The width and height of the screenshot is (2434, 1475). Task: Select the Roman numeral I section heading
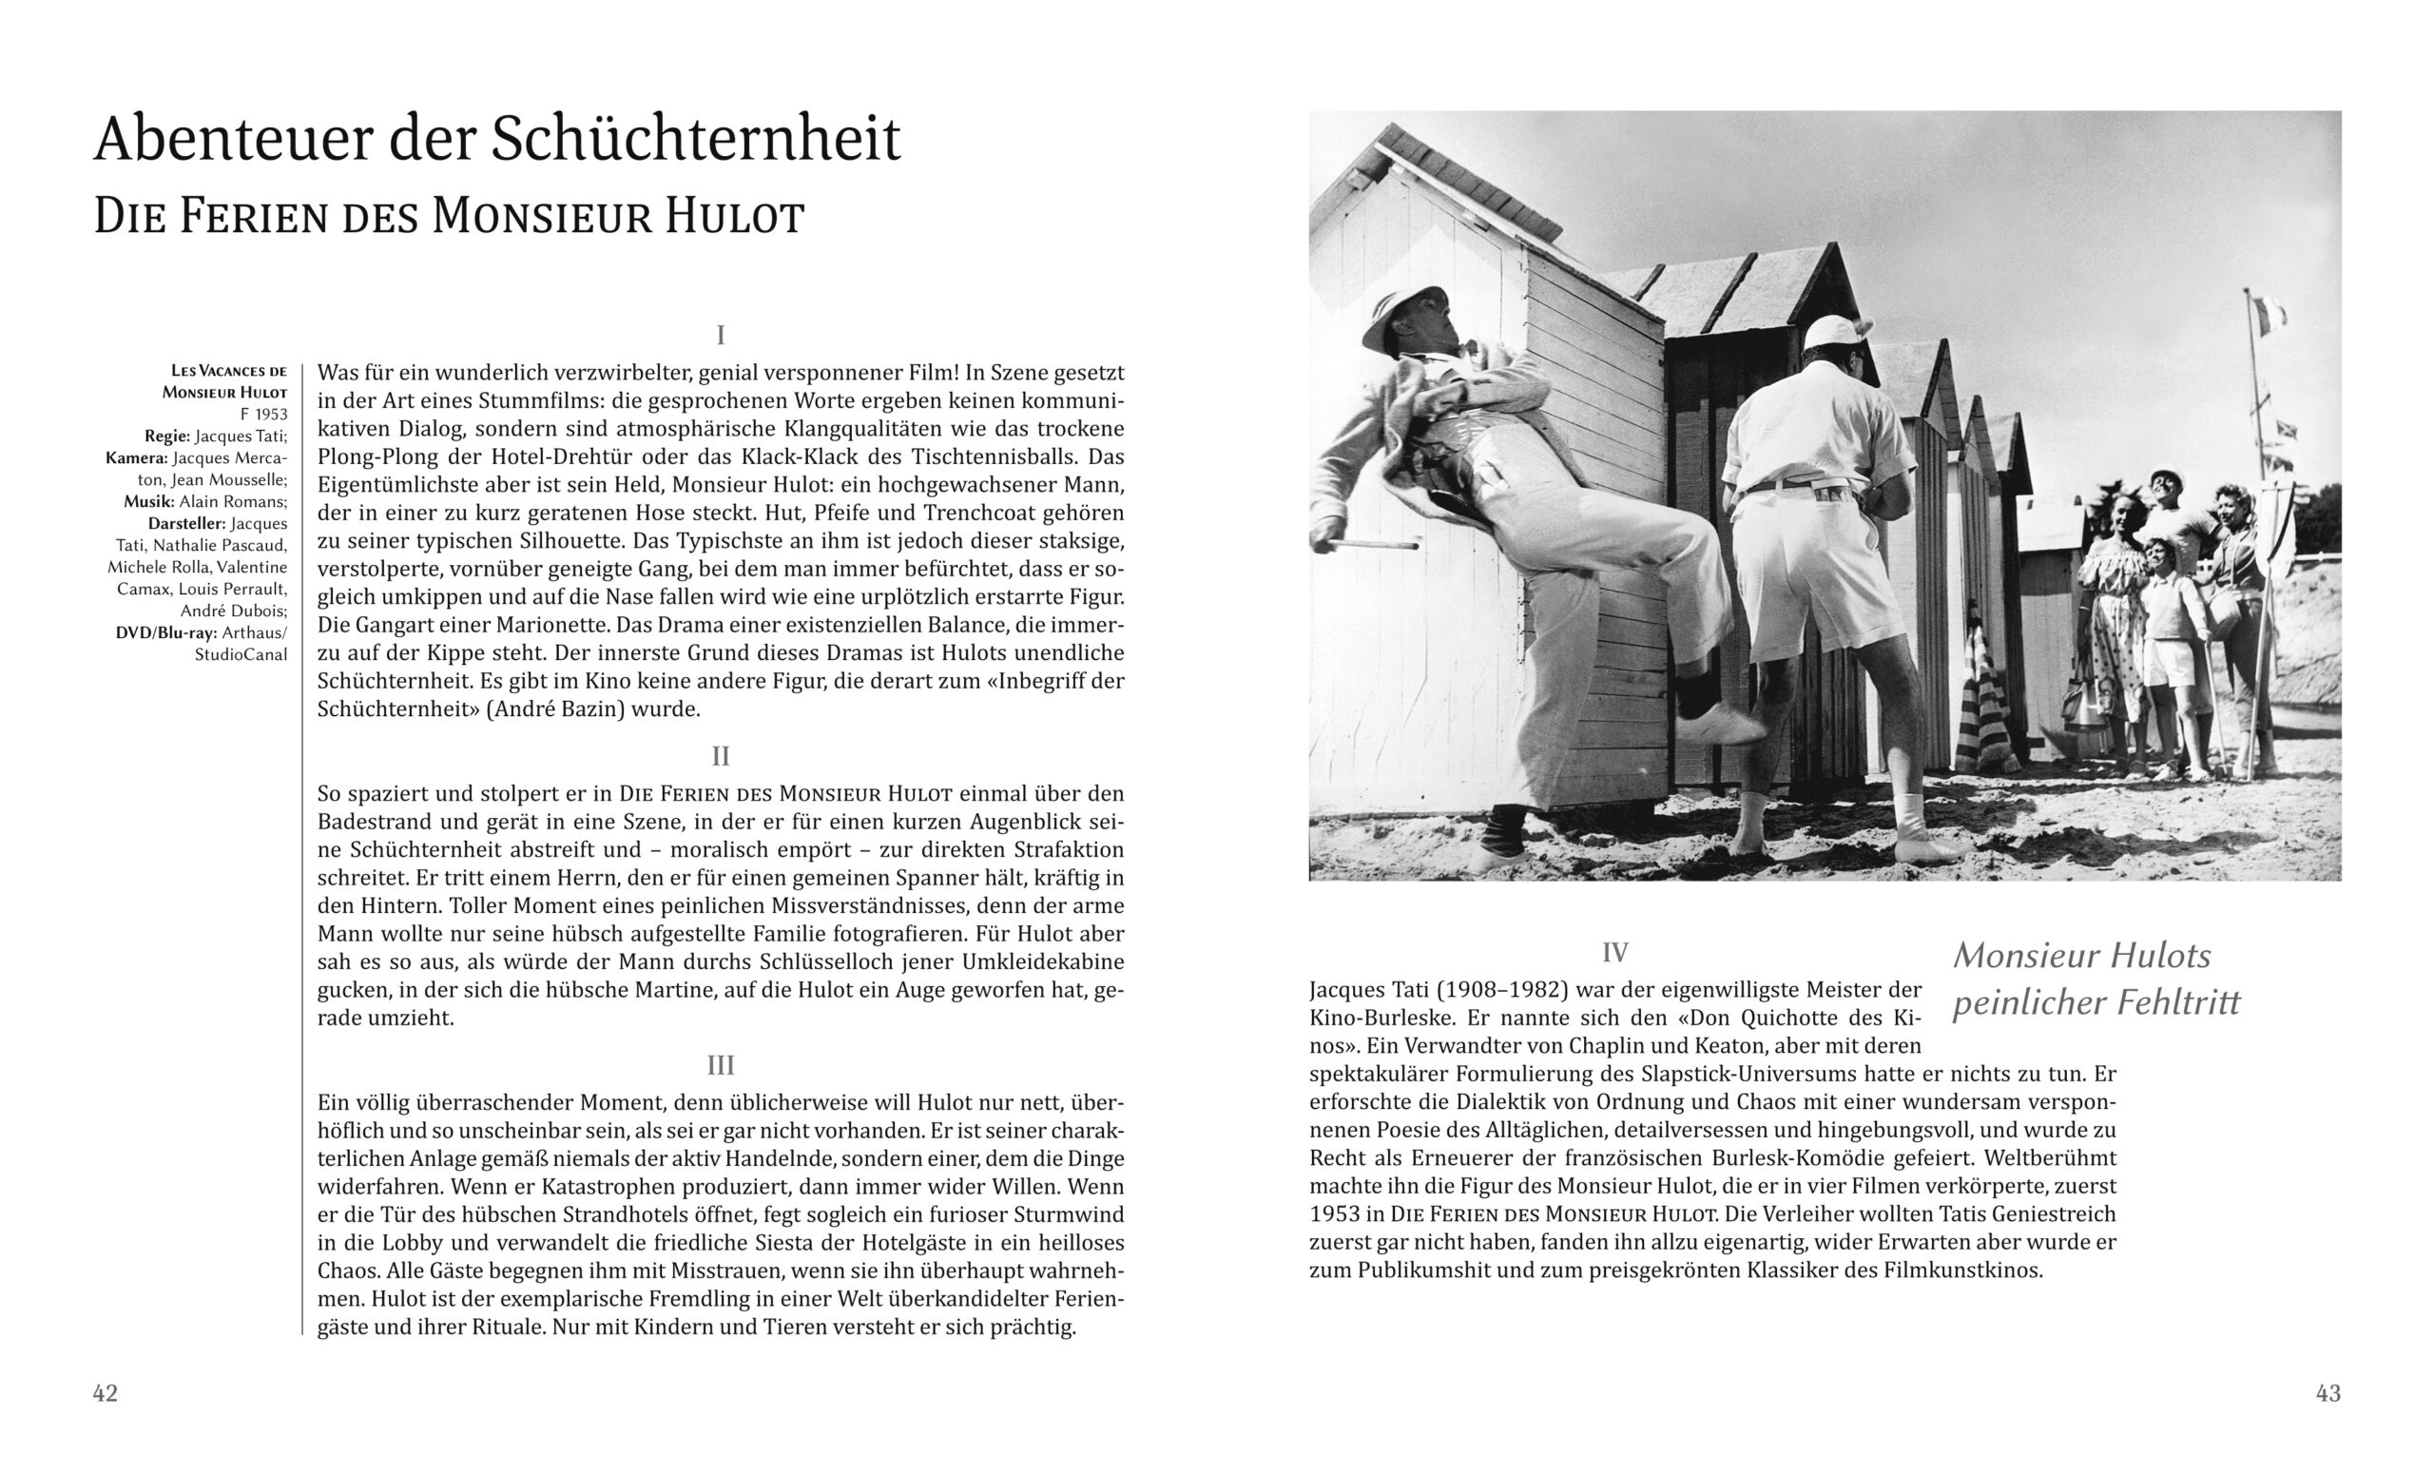click(x=720, y=335)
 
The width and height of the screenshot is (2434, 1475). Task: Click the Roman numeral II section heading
click(x=720, y=756)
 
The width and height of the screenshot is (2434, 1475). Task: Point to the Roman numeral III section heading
click(x=720, y=1065)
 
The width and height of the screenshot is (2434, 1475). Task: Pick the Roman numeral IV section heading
click(x=1614, y=952)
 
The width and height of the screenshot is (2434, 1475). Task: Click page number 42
click(x=105, y=1393)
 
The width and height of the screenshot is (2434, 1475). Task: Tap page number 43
click(x=2328, y=1393)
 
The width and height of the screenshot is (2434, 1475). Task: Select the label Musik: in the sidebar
click(x=149, y=502)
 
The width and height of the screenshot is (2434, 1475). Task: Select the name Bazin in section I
click(x=592, y=708)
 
